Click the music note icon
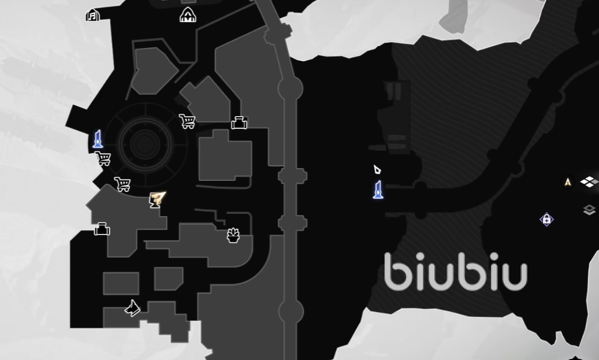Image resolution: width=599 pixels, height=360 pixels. coord(92,15)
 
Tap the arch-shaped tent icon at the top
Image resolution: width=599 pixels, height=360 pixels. coord(188,15)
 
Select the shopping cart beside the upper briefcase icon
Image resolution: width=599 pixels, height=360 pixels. coord(187,121)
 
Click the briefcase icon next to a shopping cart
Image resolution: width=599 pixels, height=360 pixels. coord(239,123)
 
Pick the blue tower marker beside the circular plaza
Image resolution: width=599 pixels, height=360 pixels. coord(98,139)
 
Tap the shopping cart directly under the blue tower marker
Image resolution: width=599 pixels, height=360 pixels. coord(103,158)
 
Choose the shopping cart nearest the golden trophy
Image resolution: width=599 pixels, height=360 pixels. coord(122,184)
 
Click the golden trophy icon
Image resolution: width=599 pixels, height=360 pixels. coord(157,199)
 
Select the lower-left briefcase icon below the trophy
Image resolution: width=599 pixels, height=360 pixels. coord(102,229)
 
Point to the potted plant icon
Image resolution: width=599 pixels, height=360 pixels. coord(233,235)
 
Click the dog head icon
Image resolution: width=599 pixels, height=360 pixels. coord(132,309)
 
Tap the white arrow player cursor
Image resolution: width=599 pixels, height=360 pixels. coord(377,169)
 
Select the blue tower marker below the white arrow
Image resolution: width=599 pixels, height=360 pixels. coord(378,190)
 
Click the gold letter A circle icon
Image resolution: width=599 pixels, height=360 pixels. coord(568,182)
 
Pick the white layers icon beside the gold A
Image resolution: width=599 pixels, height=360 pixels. coord(589,182)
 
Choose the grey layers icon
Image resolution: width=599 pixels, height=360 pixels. coord(589,210)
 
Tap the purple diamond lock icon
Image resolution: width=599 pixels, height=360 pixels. coord(546,220)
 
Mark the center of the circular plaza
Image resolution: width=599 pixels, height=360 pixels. coord(145,144)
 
